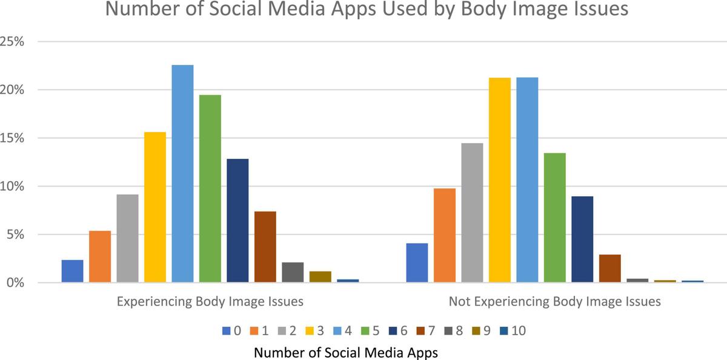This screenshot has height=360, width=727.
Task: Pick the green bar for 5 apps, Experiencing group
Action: coord(210,188)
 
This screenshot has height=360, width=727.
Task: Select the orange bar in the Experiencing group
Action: coord(100,257)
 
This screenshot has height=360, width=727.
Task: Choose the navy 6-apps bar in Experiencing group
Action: coord(237,221)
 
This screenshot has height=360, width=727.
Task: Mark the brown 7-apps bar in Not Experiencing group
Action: coord(610,268)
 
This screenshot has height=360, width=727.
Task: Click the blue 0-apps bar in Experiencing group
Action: coord(73,272)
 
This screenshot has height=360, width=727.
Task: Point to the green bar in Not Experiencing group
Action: coord(555,218)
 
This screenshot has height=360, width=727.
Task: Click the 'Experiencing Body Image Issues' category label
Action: coord(210,301)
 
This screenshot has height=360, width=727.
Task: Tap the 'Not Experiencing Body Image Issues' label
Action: coord(554,301)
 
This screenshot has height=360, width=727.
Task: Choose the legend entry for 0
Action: coord(231,331)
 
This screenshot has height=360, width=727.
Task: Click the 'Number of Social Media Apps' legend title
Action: coord(345,352)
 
